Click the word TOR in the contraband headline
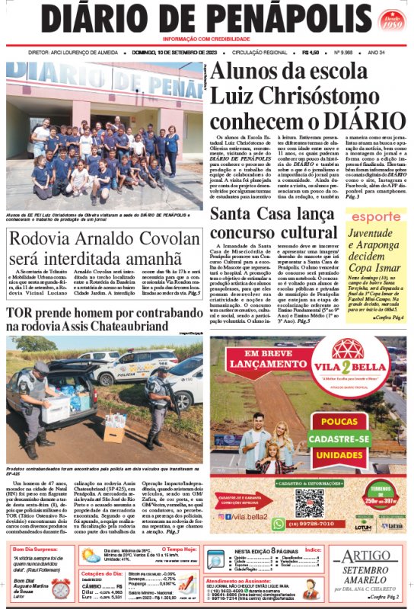tap(21, 314)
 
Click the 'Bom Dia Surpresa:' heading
tap(36, 548)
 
